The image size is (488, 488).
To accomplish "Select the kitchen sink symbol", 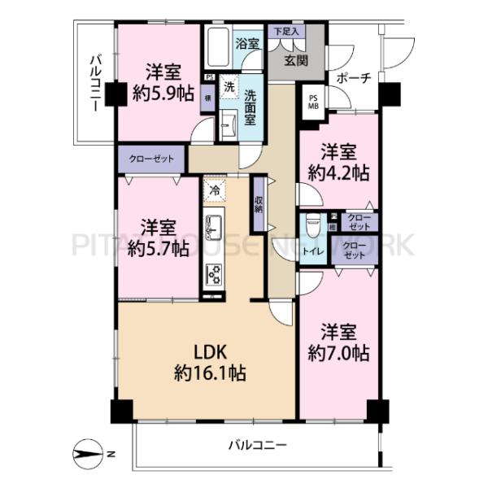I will (x=213, y=227).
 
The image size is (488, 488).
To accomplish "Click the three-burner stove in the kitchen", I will (x=213, y=276).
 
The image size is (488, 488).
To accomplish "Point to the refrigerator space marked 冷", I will (x=214, y=190).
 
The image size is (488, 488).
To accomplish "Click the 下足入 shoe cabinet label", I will (x=285, y=31).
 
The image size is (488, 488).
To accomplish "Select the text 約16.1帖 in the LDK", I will (x=203, y=373).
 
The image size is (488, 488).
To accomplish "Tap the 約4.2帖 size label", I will (x=338, y=172).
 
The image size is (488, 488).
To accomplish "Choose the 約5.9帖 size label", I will (x=162, y=93).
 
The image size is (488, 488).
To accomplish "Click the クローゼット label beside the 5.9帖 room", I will (x=151, y=158).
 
